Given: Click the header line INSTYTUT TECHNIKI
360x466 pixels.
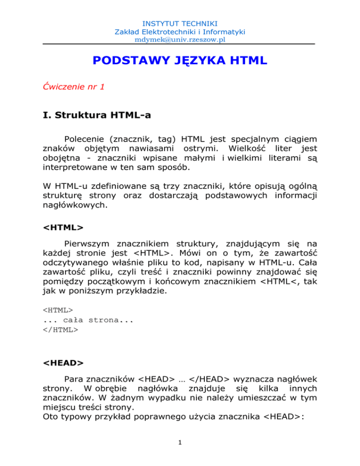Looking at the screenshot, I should pos(180,22).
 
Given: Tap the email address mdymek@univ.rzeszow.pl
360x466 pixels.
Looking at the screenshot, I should pos(180,39).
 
